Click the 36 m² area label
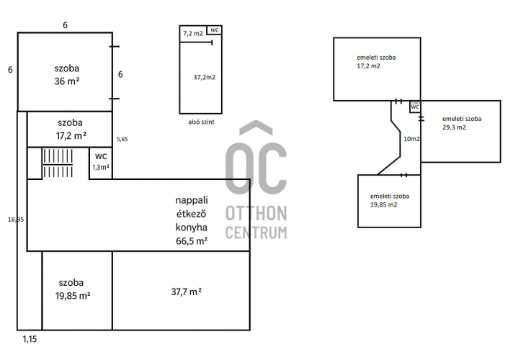click(x=67, y=81)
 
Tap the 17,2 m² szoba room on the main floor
click(x=70, y=129)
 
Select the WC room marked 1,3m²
click(x=101, y=163)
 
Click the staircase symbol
click(x=58, y=163)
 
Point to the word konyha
click(x=192, y=228)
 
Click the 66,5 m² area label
click(x=192, y=241)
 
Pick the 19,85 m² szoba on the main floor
click(x=77, y=291)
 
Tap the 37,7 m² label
click(x=186, y=292)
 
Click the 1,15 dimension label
click(x=30, y=339)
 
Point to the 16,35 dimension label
click(x=16, y=220)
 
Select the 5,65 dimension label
click(x=122, y=139)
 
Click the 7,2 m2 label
click(x=193, y=33)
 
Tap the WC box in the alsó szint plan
click(x=214, y=30)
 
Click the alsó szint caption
click(x=201, y=122)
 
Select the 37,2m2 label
click(x=205, y=78)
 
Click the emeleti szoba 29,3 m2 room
click(x=460, y=132)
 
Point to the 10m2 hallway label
click(x=411, y=139)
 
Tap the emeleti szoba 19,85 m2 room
click(x=389, y=201)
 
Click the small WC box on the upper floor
click(x=415, y=107)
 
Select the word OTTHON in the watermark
click(x=256, y=213)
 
